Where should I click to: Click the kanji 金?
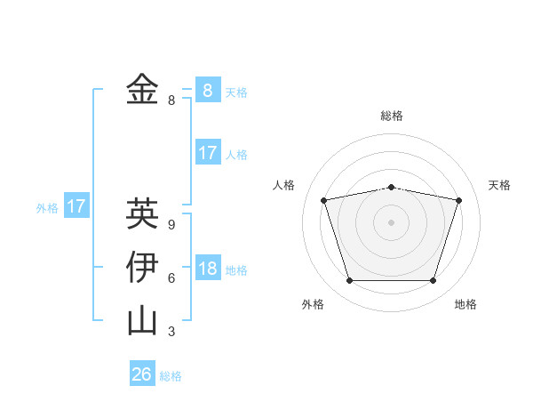pyautogui.click(x=142, y=89)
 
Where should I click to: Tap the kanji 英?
pyautogui.click(x=142, y=213)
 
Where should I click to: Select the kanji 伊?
pyautogui.click(x=142, y=267)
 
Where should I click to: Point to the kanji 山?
pyautogui.click(x=142, y=320)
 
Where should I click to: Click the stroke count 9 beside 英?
pyautogui.click(x=171, y=224)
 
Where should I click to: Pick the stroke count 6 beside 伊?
pyautogui.click(x=171, y=277)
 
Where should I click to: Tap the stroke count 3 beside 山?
pyautogui.click(x=171, y=332)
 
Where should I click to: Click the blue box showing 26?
pyautogui.click(x=142, y=374)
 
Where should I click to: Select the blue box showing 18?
pyautogui.click(x=207, y=269)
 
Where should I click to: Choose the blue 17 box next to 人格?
pyautogui.click(x=207, y=153)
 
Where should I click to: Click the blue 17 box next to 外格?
pyautogui.click(x=76, y=207)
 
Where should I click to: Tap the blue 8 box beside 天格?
pyautogui.click(x=207, y=90)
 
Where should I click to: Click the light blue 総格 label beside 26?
pyautogui.click(x=171, y=376)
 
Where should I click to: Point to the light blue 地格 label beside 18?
pyautogui.click(x=236, y=270)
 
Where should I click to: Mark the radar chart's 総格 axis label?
pyautogui.click(x=391, y=117)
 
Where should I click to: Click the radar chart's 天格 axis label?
pyautogui.click(x=499, y=185)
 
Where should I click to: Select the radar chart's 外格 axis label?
pyautogui.click(x=313, y=304)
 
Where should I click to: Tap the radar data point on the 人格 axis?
pyautogui.click(x=324, y=200)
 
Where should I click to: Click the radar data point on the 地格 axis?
pyautogui.click(x=433, y=281)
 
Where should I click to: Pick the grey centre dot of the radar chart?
pyautogui.click(x=391, y=222)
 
